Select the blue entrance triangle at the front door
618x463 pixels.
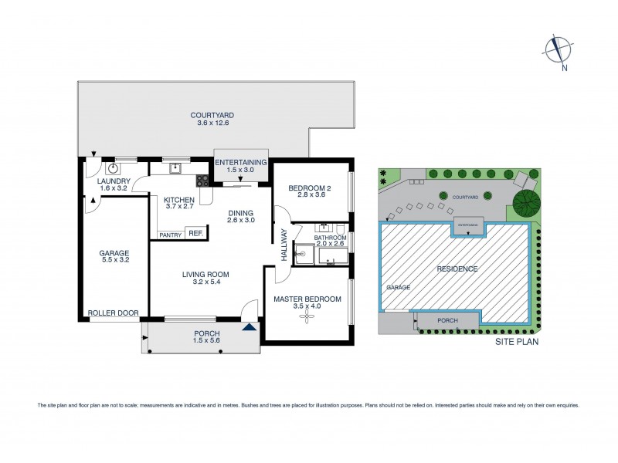click(x=248, y=327)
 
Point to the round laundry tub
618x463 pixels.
click(x=113, y=167)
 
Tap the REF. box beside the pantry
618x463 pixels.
click(x=195, y=234)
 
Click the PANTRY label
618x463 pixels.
click(x=170, y=235)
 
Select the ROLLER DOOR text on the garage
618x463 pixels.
click(x=113, y=313)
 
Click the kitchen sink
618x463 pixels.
click(x=175, y=166)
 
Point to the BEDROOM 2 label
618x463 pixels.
click(x=309, y=188)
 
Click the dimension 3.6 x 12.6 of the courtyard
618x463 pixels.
click(x=213, y=123)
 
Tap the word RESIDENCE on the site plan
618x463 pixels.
click(x=456, y=269)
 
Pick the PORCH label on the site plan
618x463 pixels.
click(x=447, y=320)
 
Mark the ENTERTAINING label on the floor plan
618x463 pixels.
click(x=240, y=162)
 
